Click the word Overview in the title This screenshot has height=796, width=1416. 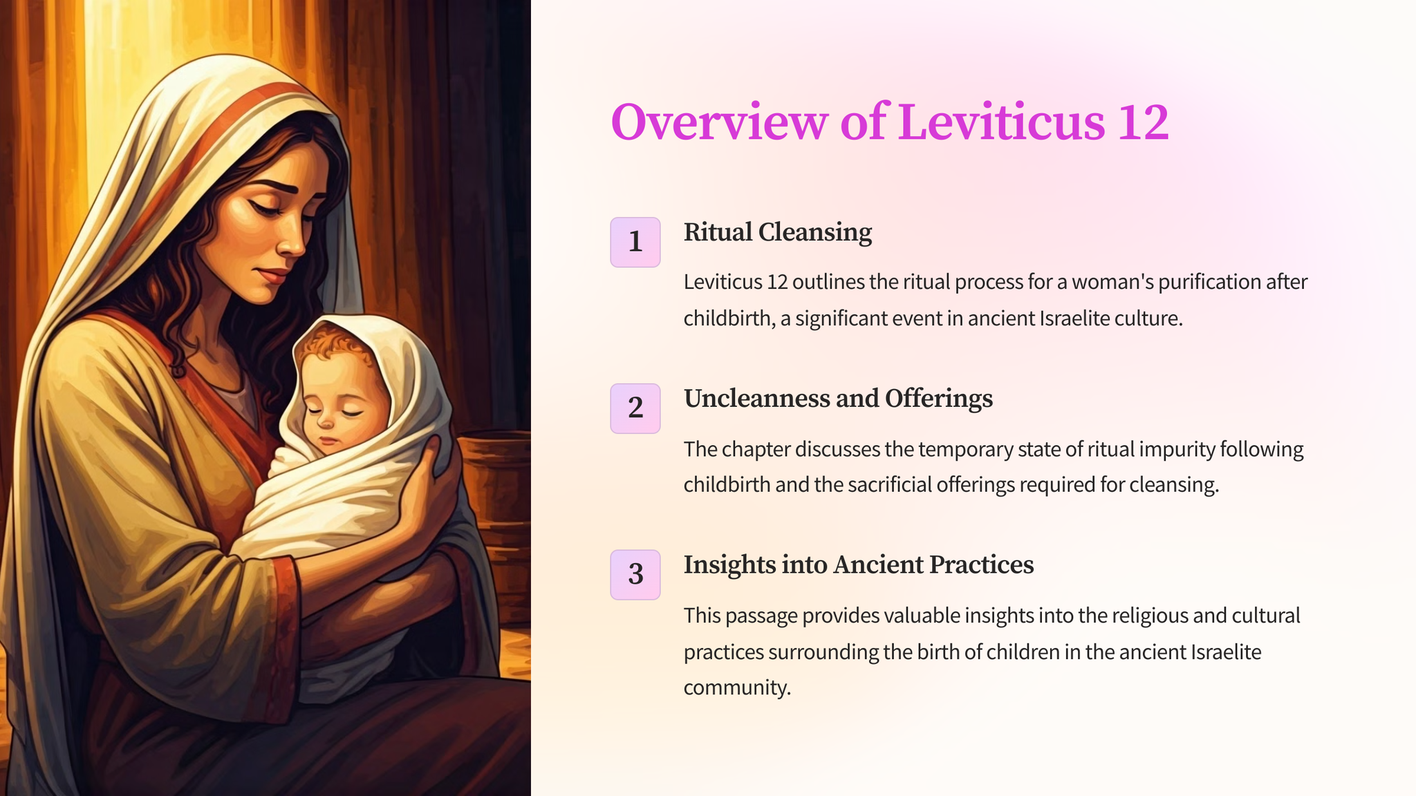719,122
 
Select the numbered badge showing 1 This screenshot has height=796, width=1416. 635,242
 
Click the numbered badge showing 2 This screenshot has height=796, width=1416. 635,408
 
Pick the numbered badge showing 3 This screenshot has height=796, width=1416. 635,575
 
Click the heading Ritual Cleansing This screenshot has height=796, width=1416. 778,232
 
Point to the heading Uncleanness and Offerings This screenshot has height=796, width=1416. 838,399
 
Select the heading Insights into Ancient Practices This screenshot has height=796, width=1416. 859,565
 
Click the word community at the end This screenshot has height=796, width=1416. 737,688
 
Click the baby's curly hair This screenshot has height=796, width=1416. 332,342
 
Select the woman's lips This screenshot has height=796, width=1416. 273,276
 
